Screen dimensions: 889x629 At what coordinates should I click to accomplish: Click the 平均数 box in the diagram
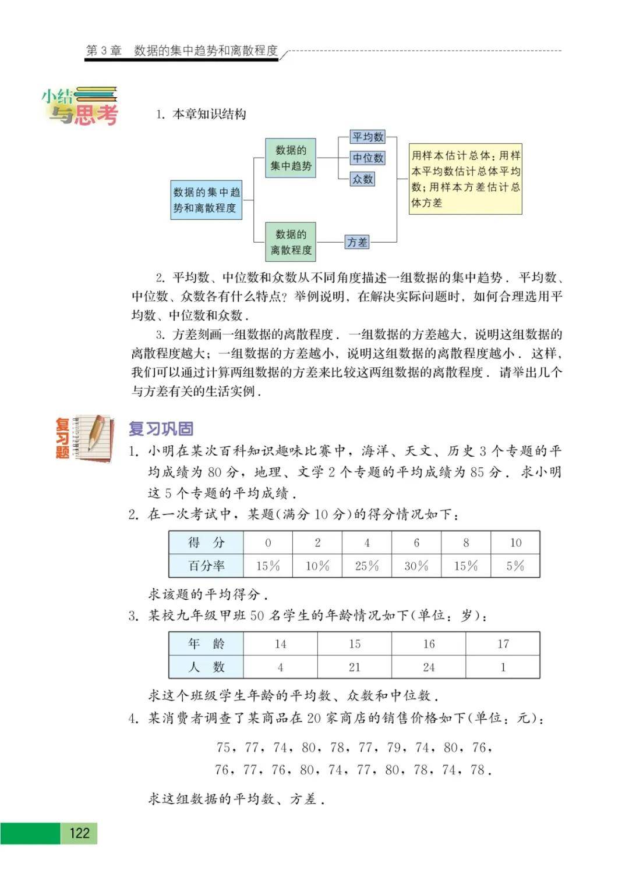[x=368, y=137]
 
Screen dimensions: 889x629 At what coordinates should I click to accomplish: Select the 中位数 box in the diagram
[x=368, y=158]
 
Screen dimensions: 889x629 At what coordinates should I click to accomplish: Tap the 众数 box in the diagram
[x=362, y=179]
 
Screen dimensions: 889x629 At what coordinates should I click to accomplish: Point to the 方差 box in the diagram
[x=357, y=242]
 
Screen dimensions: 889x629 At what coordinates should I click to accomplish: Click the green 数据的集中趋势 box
[x=291, y=158]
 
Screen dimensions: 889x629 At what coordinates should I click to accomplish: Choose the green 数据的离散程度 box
[x=291, y=242]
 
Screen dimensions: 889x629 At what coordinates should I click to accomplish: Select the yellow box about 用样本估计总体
[x=465, y=179]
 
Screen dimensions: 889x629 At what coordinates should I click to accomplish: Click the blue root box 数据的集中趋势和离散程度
[x=206, y=200]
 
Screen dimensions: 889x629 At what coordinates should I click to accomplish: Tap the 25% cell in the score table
[x=367, y=566]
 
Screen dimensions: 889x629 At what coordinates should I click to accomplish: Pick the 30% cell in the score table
[x=416, y=566]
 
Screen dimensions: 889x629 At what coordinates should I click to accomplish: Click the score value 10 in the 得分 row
[x=515, y=543]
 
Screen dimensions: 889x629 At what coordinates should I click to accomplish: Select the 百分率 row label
[x=206, y=566]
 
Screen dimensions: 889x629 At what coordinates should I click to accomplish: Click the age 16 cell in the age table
[x=429, y=644]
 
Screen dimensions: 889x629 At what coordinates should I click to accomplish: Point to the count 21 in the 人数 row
[x=355, y=667]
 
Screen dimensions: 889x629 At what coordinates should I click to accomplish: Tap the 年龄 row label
[x=206, y=644]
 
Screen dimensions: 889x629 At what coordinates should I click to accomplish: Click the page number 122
[x=79, y=833]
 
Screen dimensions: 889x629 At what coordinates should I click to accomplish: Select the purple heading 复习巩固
[x=161, y=429]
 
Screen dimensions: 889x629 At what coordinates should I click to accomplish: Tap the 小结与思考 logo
[x=80, y=106]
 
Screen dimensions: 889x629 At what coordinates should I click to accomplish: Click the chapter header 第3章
[x=104, y=51]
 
